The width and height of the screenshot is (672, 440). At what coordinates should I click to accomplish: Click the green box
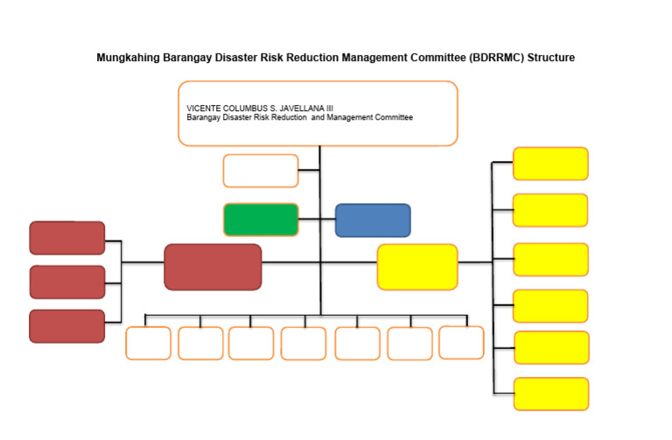pyautogui.click(x=261, y=220)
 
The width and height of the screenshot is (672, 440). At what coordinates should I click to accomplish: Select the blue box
pyautogui.click(x=373, y=220)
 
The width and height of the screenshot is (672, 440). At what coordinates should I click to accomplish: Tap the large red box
pyautogui.click(x=213, y=267)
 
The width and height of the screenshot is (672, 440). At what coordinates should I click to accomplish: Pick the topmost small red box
pyautogui.click(x=67, y=238)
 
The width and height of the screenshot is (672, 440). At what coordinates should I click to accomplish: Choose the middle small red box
pyautogui.click(x=67, y=283)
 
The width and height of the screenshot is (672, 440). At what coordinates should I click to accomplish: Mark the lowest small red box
pyautogui.click(x=67, y=326)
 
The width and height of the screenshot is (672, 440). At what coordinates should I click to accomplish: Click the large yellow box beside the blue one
pyautogui.click(x=417, y=267)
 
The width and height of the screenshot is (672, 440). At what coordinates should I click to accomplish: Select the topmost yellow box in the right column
pyautogui.click(x=550, y=164)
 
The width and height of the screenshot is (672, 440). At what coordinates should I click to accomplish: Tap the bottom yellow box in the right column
pyautogui.click(x=550, y=394)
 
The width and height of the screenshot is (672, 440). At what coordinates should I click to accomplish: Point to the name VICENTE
pyautogui.click(x=203, y=108)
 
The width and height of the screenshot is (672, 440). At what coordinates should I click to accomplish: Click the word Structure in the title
pyautogui.click(x=550, y=58)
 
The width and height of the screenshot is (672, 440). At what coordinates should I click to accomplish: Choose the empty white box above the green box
pyautogui.click(x=261, y=171)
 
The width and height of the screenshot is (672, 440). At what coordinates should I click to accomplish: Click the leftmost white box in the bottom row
pyautogui.click(x=148, y=343)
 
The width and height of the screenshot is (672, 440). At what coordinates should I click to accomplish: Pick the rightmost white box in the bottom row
pyautogui.click(x=461, y=342)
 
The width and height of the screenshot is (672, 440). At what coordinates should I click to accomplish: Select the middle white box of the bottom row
pyautogui.click(x=304, y=343)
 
